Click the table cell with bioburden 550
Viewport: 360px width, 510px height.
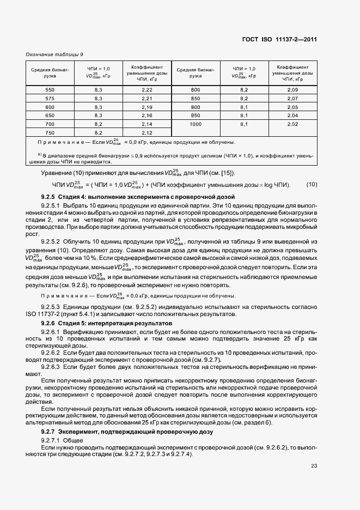click(50, 89)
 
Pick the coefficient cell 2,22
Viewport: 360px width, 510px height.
click(147, 89)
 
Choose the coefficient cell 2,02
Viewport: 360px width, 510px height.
click(292, 124)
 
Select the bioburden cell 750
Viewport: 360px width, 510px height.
click(50, 132)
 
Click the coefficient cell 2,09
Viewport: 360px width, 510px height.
click(292, 89)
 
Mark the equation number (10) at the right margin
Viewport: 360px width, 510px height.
click(312, 184)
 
